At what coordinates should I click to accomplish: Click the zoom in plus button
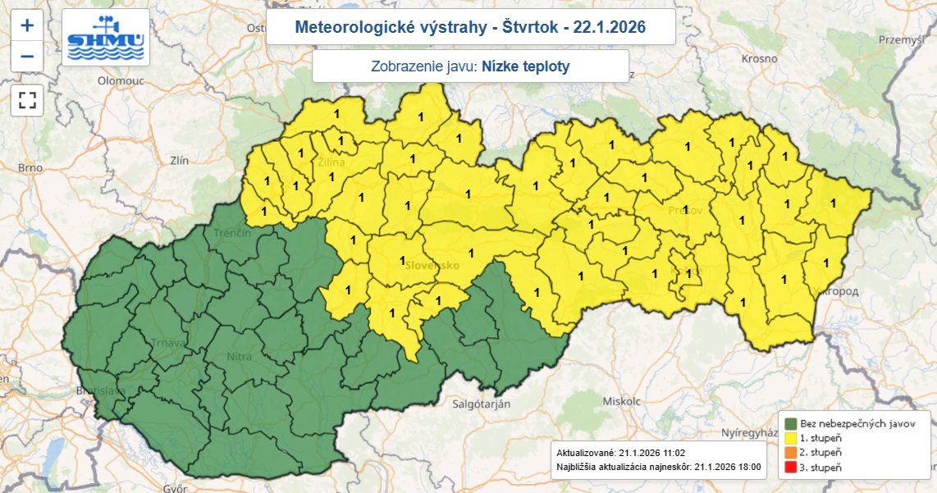pos(27,25)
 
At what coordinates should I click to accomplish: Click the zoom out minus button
pos(27,57)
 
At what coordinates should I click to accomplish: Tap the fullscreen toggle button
pos(27,100)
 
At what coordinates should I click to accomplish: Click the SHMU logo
pos(106,38)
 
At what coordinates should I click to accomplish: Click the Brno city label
pos(30,167)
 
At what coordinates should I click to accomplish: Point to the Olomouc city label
pos(121,81)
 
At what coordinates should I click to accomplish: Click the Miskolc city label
pos(620,401)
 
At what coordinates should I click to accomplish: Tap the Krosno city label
pos(759,58)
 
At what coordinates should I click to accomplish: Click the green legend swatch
pos(791,423)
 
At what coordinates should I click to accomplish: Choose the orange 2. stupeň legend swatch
pos(791,452)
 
